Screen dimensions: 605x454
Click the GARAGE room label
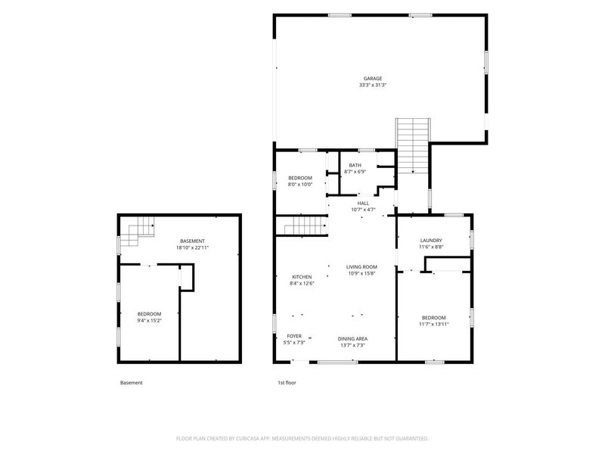click(x=373, y=79)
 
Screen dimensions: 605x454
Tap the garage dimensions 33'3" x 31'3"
click(x=373, y=85)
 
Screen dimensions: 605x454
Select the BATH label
click(x=355, y=165)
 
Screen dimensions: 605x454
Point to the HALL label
click(x=363, y=203)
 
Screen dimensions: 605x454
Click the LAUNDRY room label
click(x=431, y=240)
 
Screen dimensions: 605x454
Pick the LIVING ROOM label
click(x=361, y=267)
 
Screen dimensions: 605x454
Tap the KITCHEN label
click(x=302, y=277)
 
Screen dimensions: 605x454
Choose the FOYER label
click(x=294, y=336)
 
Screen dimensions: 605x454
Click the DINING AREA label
click(x=352, y=338)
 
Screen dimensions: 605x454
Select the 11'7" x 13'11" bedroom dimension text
click(x=433, y=325)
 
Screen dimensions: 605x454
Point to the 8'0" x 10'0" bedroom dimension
click(x=300, y=185)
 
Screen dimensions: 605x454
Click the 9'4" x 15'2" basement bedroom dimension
click(x=149, y=320)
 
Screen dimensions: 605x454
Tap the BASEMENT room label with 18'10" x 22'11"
click(x=193, y=241)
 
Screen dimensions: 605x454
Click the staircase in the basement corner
click(x=138, y=232)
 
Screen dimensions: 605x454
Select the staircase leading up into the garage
click(x=413, y=145)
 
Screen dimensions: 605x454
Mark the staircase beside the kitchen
click(x=306, y=225)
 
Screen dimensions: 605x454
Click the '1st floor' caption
click(x=287, y=383)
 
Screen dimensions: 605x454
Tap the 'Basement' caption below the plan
click(x=131, y=383)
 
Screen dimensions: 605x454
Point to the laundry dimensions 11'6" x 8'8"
click(x=431, y=247)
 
